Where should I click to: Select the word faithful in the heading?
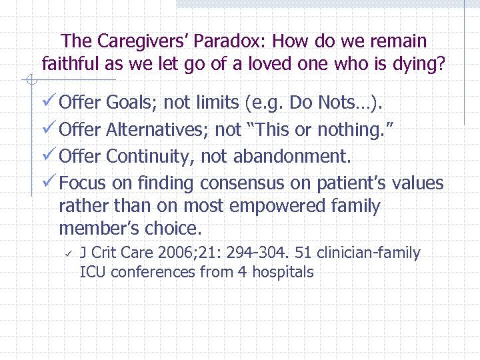(69, 64)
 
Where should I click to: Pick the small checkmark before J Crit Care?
(67, 253)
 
